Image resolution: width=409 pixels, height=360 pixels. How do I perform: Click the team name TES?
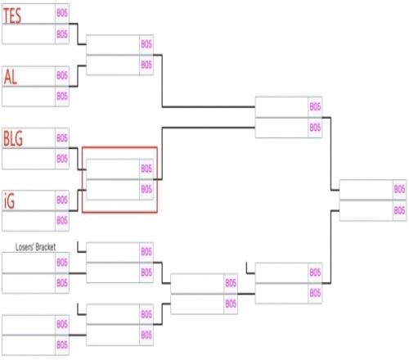coord(12,16)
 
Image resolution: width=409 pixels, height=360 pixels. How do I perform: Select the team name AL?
coord(11,77)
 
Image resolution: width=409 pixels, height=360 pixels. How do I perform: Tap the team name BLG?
coord(13,138)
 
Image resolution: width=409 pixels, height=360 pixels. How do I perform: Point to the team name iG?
coord(9,200)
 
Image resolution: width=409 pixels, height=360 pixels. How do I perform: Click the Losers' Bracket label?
coord(35,247)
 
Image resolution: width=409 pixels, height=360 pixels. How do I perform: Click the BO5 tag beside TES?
coord(62,13)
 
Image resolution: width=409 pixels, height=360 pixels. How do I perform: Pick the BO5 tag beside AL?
coord(62,75)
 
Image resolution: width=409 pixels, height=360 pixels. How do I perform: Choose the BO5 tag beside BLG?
coord(62,137)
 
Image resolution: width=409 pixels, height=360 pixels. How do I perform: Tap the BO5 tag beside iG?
coord(62,200)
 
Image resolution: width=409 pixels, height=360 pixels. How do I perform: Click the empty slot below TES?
coord(29,34)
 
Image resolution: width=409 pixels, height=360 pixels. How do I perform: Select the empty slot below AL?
coord(29,97)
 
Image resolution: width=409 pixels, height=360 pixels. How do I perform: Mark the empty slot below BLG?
coord(29,159)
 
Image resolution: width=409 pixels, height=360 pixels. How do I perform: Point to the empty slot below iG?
coord(29,221)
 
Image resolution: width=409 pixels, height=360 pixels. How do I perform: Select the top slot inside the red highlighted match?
coord(113,169)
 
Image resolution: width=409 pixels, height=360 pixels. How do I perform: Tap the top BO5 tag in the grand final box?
coord(399,189)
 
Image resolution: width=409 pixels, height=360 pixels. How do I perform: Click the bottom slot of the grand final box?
coord(366,210)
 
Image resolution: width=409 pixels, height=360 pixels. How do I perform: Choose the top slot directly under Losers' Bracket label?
coord(29,263)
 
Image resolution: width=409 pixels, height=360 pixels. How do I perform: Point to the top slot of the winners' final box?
coord(281,107)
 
